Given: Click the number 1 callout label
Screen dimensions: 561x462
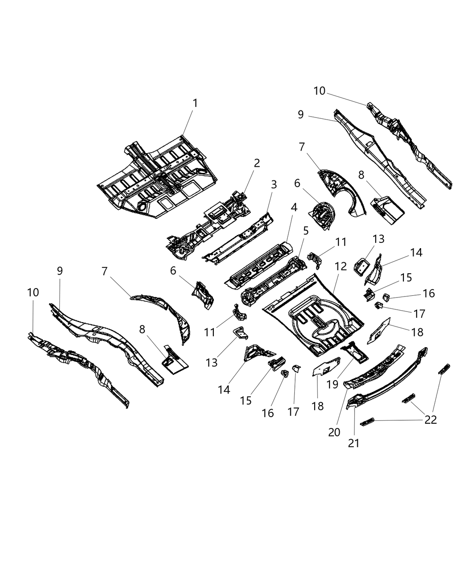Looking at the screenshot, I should click(194, 103).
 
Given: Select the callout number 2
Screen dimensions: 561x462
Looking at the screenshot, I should click(257, 163).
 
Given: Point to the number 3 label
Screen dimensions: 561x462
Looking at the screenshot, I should click(274, 185).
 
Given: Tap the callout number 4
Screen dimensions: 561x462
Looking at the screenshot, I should click(293, 207).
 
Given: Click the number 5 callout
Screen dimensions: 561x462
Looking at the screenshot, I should click(305, 230).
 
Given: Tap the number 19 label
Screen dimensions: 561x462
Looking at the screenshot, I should click(332, 384).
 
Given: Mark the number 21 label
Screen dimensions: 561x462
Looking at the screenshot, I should click(354, 443).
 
